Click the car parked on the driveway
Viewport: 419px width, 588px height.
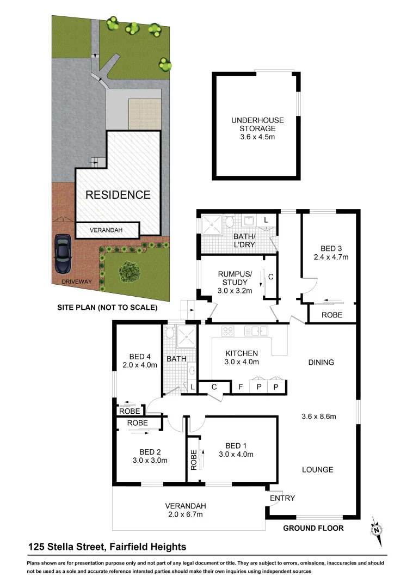(63, 254)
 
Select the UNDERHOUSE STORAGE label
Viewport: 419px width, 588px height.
(254, 125)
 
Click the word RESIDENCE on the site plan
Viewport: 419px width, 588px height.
(118, 194)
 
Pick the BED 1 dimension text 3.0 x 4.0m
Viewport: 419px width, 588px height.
(236, 454)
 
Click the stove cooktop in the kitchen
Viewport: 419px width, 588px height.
(228, 330)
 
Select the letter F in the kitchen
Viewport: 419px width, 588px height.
(240, 387)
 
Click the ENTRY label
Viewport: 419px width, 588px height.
(282, 498)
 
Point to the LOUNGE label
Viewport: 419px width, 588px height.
(318, 469)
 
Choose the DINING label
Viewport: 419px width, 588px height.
(321, 362)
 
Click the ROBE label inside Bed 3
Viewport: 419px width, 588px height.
(331, 315)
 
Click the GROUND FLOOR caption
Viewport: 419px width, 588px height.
(313, 528)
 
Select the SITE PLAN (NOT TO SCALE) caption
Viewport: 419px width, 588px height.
(107, 308)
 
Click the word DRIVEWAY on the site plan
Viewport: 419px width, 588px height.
(77, 281)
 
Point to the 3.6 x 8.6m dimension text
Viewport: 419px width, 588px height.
(319, 417)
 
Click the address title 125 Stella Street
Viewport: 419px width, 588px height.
(107, 547)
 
